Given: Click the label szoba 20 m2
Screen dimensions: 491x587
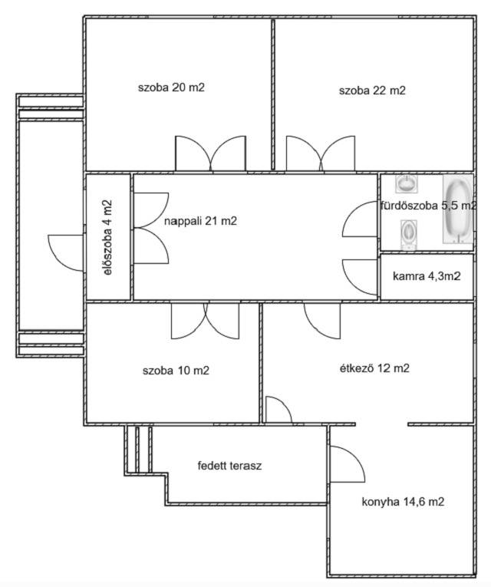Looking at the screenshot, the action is pyautogui.click(x=171, y=87).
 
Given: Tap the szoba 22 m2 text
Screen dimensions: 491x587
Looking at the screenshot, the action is pyautogui.click(x=372, y=91).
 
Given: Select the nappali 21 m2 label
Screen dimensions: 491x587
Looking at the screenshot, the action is pyautogui.click(x=200, y=221).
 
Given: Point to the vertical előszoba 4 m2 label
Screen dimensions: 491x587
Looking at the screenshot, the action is pyautogui.click(x=107, y=238).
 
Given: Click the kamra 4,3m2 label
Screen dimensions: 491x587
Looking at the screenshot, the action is pyautogui.click(x=427, y=276).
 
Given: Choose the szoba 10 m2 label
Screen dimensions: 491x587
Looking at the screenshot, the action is pyautogui.click(x=176, y=371).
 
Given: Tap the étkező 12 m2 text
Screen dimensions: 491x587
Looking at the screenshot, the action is pyautogui.click(x=374, y=368).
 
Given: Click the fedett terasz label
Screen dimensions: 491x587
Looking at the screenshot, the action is pyautogui.click(x=230, y=466).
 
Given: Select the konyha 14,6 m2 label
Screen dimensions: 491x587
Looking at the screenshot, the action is pyautogui.click(x=403, y=502).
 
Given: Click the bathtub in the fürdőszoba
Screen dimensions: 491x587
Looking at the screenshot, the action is pyautogui.click(x=458, y=209).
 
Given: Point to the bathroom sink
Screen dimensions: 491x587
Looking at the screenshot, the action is pyautogui.click(x=407, y=184).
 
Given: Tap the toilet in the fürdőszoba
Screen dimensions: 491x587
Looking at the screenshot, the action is pyautogui.click(x=408, y=234).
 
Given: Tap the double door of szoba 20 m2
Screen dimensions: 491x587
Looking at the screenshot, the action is pyautogui.click(x=211, y=153).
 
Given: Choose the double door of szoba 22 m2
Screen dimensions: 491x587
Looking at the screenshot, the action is pyautogui.click(x=321, y=153).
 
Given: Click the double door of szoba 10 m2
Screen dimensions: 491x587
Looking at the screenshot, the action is pyautogui.click(x=205, y=321).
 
